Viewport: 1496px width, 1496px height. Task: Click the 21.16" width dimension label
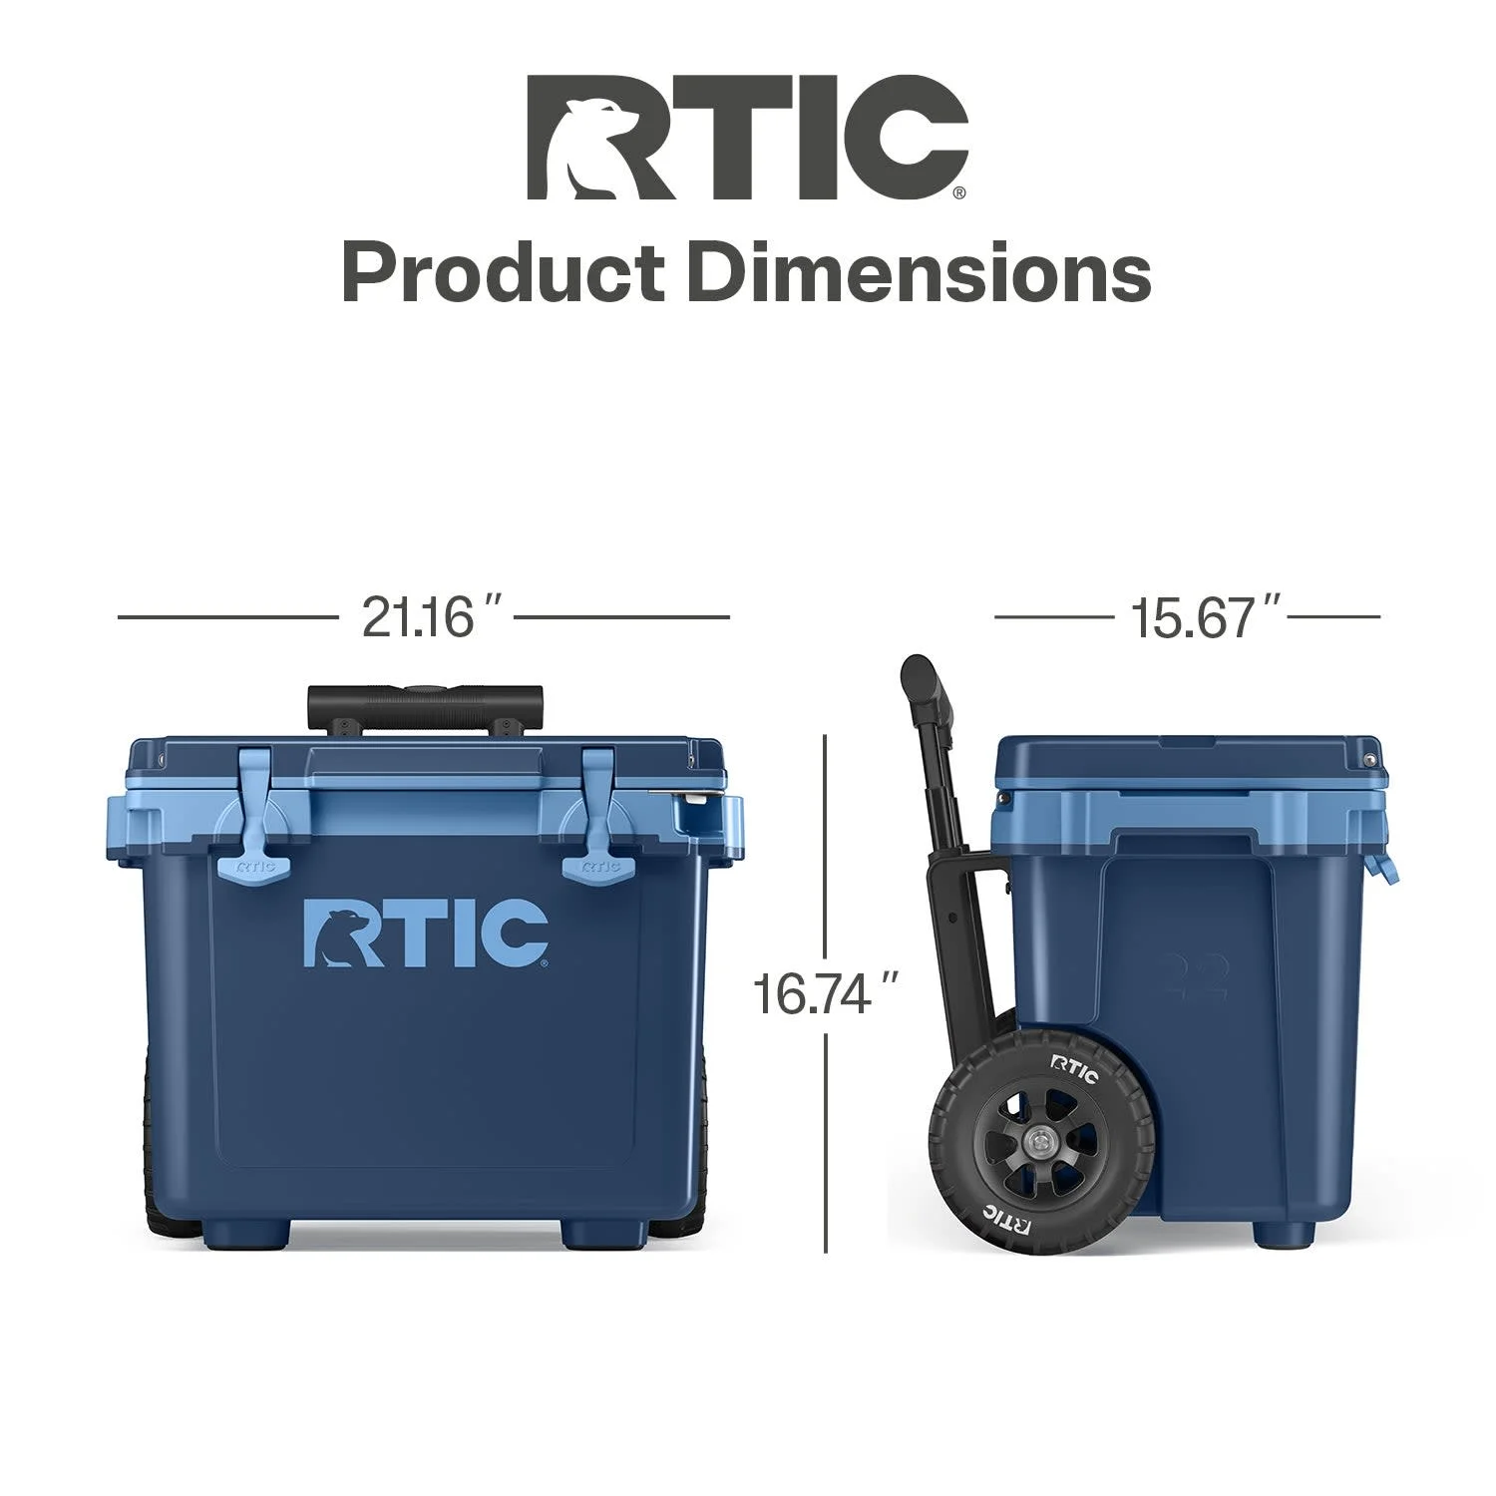coord(431,617)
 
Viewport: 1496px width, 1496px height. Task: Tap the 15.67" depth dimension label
coord(1205,617)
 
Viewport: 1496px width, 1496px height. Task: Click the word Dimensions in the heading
coord(919,272)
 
